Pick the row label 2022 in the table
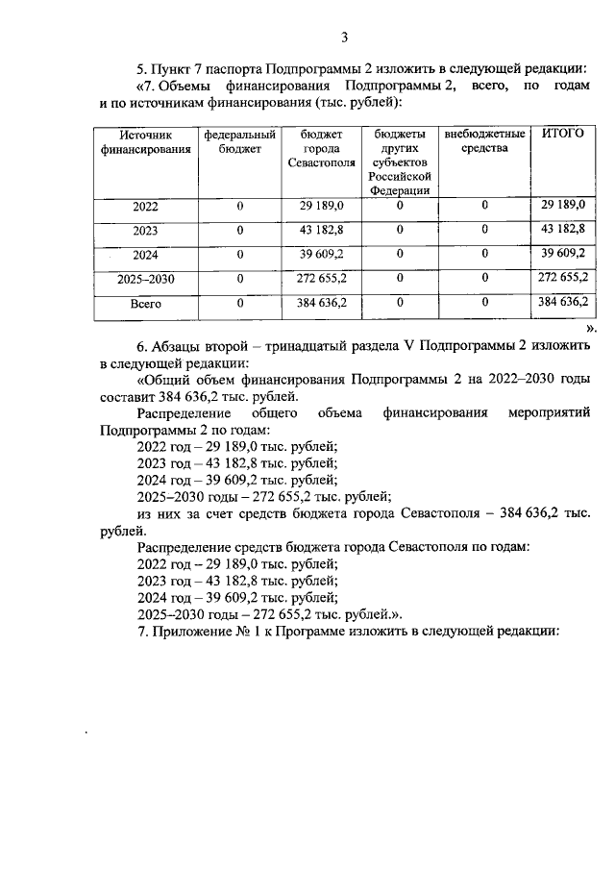145,207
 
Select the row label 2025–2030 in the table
145,279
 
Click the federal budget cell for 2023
239,231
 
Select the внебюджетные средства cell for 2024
484,255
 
